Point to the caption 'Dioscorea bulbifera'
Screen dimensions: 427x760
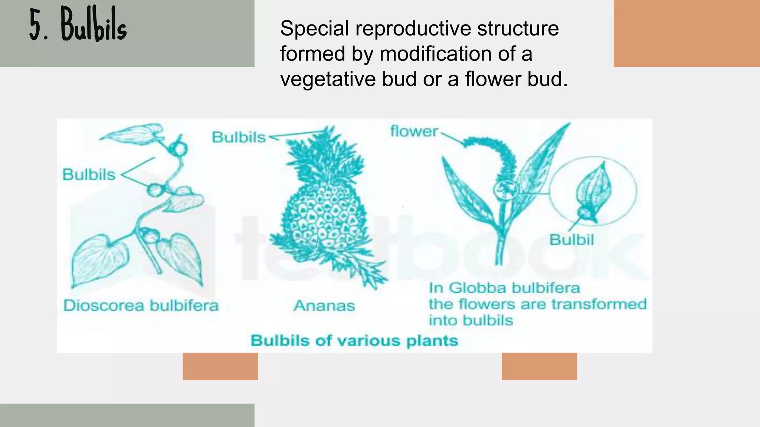(x=141, y=306)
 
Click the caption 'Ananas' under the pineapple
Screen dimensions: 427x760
(x=324, y=306)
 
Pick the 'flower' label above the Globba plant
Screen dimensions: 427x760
(x=414, y=132)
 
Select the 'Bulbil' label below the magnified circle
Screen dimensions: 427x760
(x=571, y=240)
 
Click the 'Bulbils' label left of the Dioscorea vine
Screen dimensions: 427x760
(x=89, y=175)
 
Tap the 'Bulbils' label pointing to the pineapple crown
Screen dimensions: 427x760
(x=239, y=138)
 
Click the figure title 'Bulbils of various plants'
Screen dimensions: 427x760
(x=354, y=341)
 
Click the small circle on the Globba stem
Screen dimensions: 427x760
(x=505, y=190)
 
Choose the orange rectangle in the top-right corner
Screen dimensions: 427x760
(x=687, y=33)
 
